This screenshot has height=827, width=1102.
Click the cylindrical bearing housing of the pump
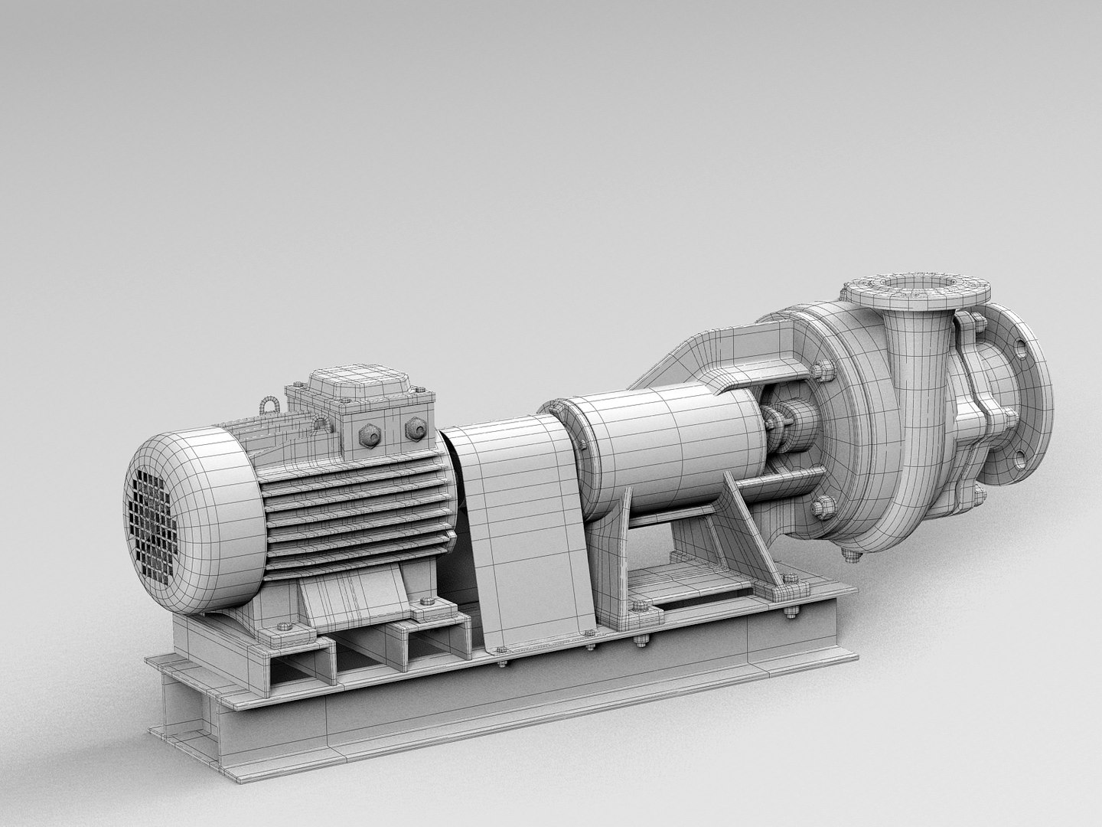[x=666, y=444]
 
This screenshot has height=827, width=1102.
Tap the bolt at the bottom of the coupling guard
[x=588, y=633]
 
